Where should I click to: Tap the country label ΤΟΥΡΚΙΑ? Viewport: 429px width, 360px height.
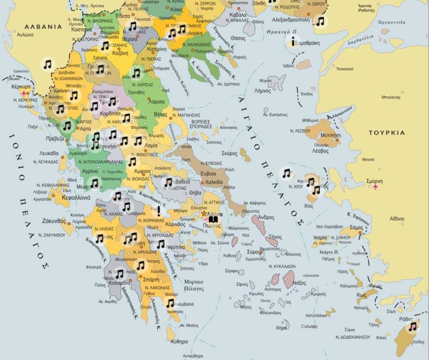[387, 133]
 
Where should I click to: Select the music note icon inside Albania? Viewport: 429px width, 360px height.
[47, 64]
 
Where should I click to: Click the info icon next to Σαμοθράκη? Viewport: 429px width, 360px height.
[293, 41]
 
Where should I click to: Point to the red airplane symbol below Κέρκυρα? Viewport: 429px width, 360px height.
[24, 94]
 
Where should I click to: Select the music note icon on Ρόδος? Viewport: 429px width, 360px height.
[412, 327]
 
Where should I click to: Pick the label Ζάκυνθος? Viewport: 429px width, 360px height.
[53, 221]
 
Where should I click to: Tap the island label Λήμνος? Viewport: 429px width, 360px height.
[262, 91]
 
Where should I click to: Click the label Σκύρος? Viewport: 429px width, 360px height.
[229, 153]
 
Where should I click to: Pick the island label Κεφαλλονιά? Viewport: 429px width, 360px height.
[75, 197]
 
